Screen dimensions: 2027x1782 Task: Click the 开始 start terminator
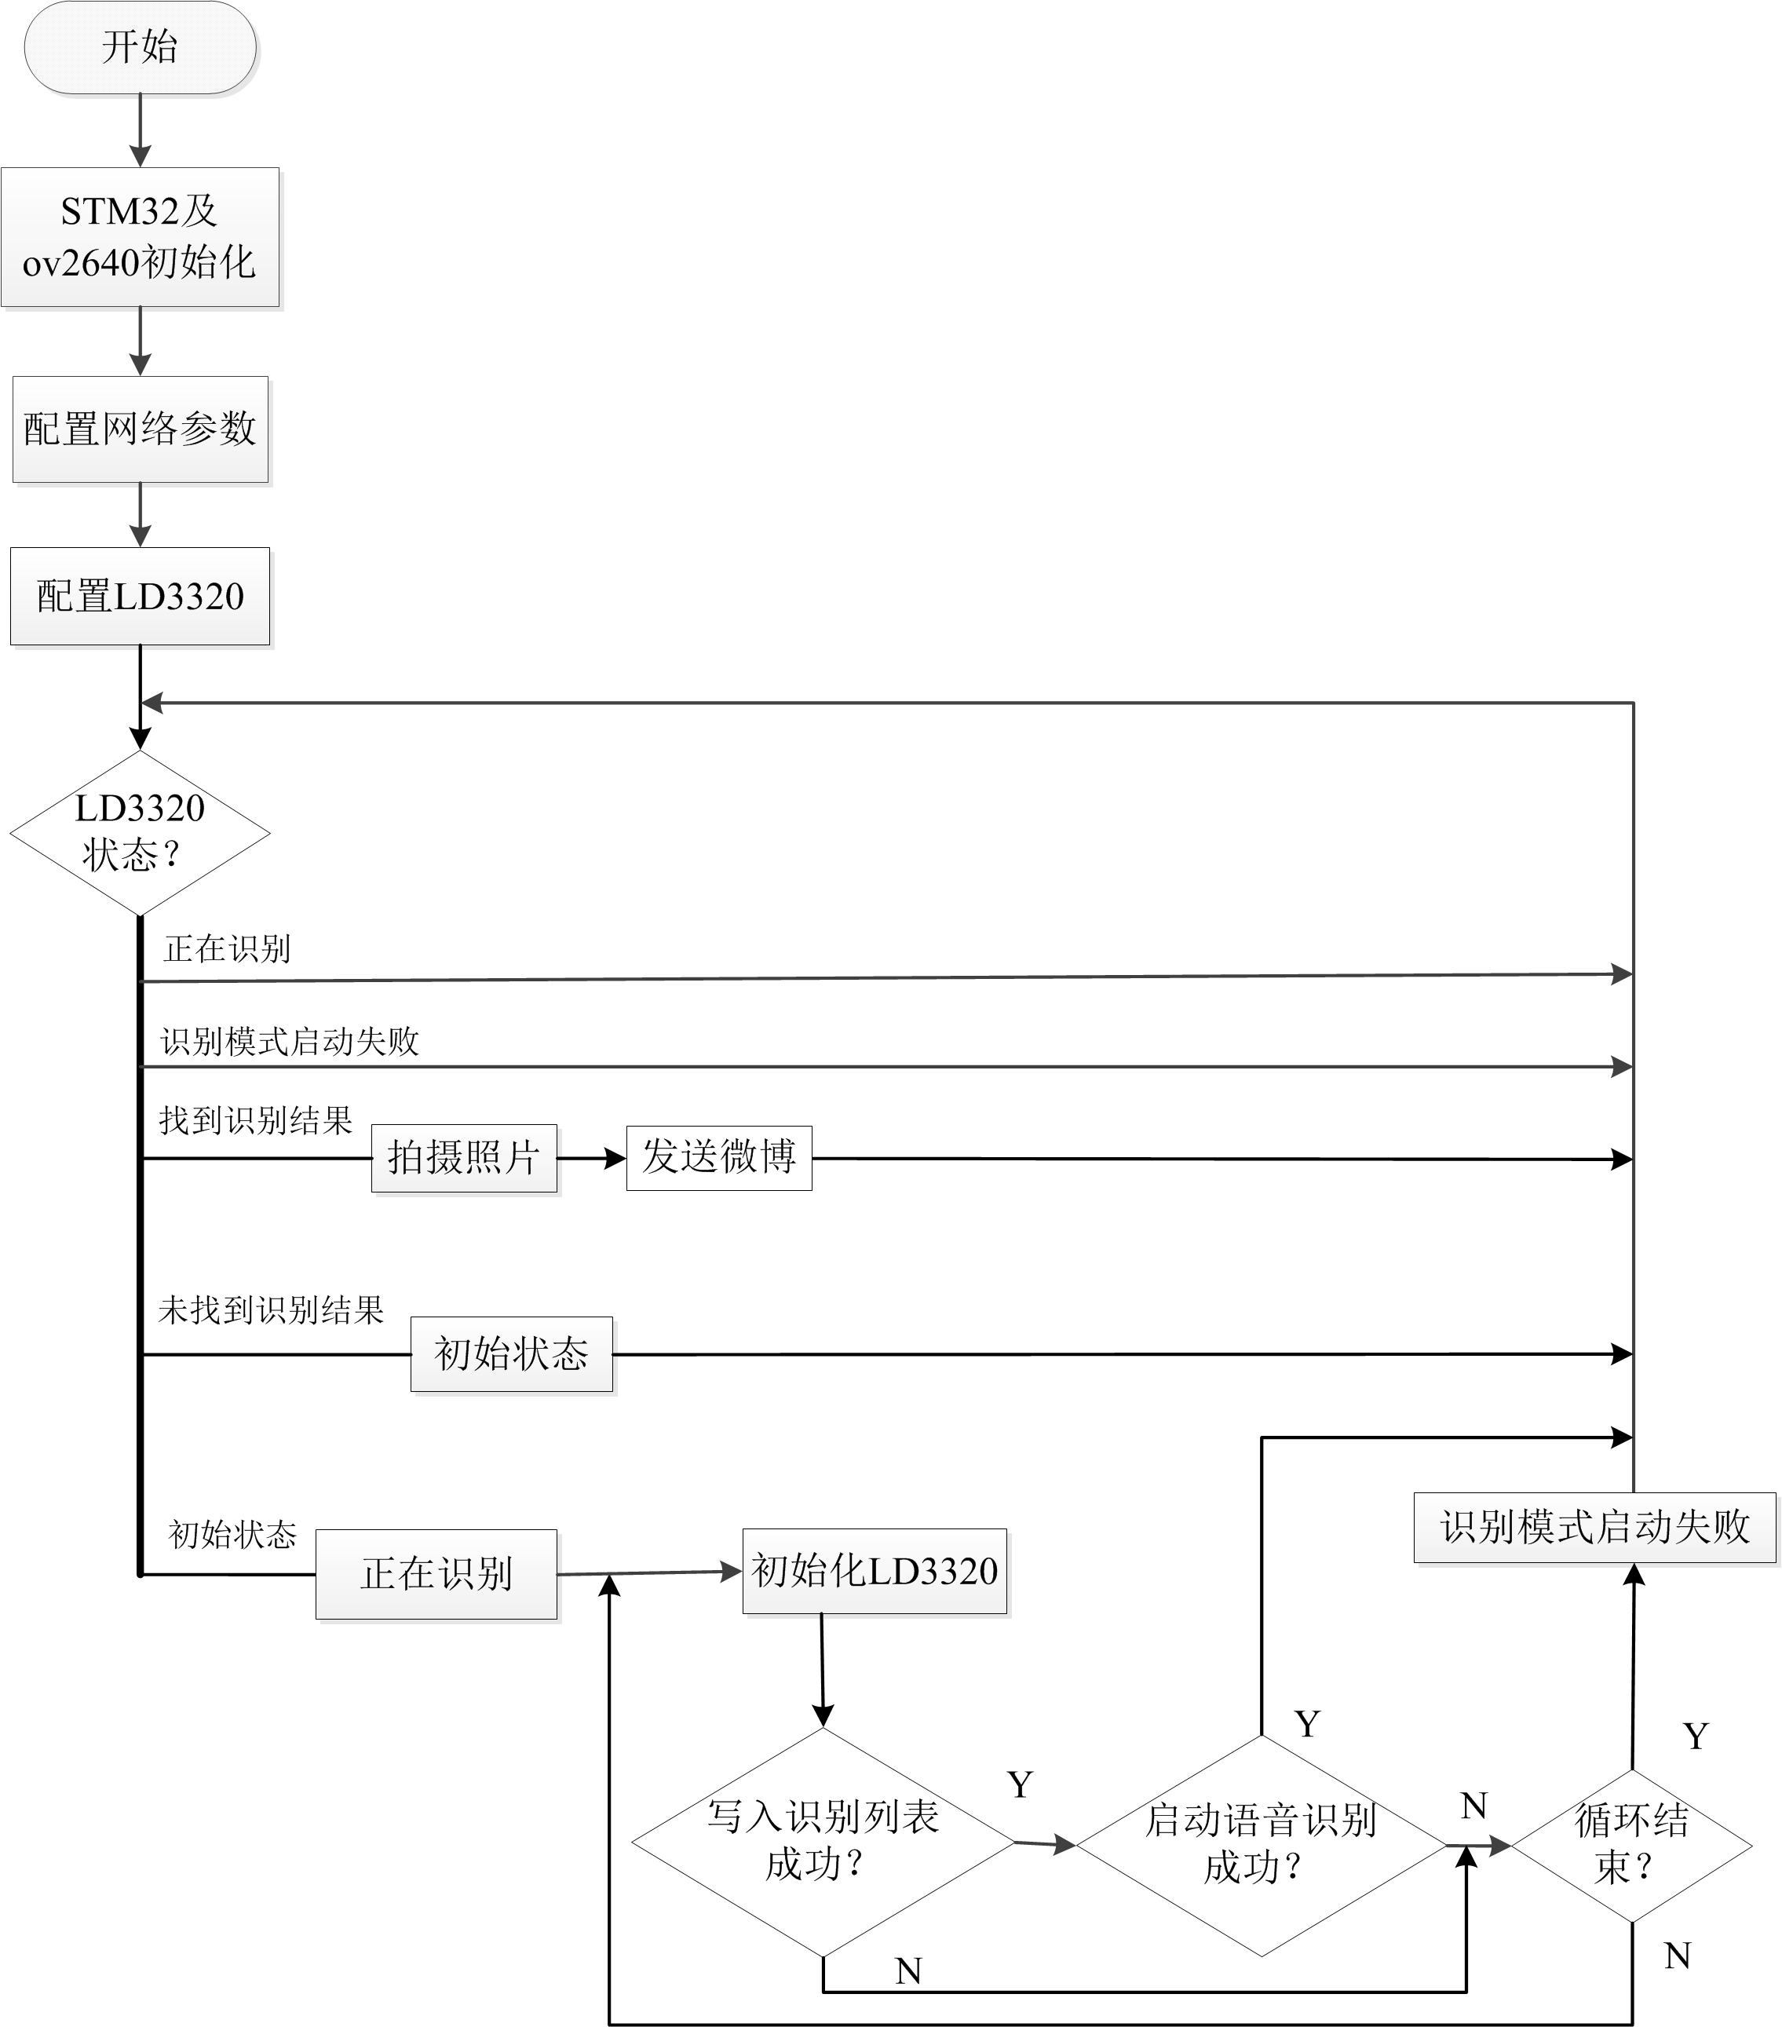pyautogui.click(x=140, y=48)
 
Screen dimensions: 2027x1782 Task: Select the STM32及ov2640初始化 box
pyautogui.click(x=140, y=237)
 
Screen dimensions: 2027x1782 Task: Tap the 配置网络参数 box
pyautogui.click(x=140, y=429)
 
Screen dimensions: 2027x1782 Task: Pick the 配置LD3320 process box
pyautogui.click(x=140, y=596)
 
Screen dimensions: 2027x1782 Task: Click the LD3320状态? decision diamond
pyautogui.click(x=140, y=832)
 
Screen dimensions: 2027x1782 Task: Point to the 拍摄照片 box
pyautogui.click(x=463, y=1157)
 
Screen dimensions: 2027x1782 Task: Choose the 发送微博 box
pyautogui.click(x=719, y=1157)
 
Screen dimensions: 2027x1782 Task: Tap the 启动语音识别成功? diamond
pyautogui.click(x=1261, y=1845)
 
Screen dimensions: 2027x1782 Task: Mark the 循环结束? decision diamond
pyautogui.click(x=1631, y=1845)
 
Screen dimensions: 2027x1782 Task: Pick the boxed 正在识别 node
pyautogui.click(x=436, y=1574)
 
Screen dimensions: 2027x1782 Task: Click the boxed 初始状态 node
pyautogui.click(x=512, y=1353)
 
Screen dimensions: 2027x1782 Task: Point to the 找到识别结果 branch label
pyautogui.click(x=256, y=1120)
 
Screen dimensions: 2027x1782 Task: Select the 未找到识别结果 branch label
pyautogui.click(x=271, y=1310)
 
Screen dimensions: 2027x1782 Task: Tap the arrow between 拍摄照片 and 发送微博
pyautogui.click(x=591, y=1157)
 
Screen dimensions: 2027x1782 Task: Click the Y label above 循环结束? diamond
pyautogui.click(x=1696, y=1737)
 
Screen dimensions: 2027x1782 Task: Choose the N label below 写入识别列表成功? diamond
pyautogui.click(x=908, y=1970)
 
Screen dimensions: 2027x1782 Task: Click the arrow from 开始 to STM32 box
pyautogui.click(x=140, y=130)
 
